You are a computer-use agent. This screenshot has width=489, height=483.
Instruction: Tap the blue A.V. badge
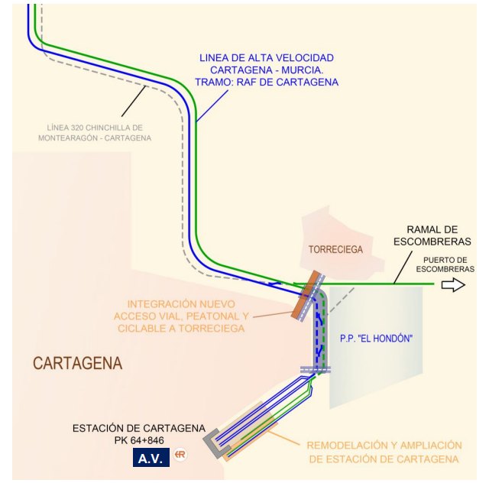(151, 459)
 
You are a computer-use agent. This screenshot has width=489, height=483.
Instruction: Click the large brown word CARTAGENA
(77, 363)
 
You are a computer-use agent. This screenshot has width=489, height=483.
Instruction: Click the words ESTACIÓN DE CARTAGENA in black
(139, 428)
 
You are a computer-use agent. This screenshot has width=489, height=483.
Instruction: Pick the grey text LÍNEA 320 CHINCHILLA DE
(95, 127)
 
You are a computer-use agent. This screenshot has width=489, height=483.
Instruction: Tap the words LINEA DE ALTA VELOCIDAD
(267, 58)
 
